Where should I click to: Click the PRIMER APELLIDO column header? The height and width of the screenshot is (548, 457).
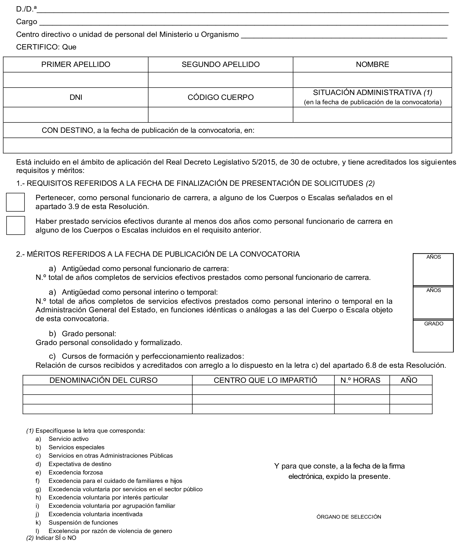click(x=76, y=64)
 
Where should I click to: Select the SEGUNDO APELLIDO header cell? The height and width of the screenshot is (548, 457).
click(x=220, y=64)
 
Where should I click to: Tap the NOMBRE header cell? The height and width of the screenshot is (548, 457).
click(x=372, y=64)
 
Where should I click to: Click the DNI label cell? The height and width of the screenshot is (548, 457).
click(x=76, y=97)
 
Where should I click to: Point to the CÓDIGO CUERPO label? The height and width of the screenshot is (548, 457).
click(x=220, y=97)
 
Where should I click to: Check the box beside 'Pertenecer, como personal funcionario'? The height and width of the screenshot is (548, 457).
click(x=15, y=202)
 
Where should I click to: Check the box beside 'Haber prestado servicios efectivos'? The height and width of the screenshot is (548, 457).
click(x=16, y=226)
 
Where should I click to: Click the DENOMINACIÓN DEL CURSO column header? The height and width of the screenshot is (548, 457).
click(x=103, y=380)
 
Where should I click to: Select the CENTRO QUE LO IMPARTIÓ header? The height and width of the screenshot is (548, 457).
click(x=265, y=380)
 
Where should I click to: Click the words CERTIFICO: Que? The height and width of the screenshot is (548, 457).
click(x=46, y=47)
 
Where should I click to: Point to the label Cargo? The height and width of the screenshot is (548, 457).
click(x=27, y=22)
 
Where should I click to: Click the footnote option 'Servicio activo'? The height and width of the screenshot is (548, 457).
click(x=68, y=439)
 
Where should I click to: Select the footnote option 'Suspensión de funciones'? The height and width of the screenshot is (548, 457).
click(x=83, y=522)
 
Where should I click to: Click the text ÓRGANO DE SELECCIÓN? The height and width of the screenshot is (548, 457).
click(x=349, y=517)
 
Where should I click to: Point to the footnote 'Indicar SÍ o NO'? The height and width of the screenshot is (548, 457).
click(x=56, y=538)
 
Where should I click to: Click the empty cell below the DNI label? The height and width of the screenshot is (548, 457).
click(x=76, y=115)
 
